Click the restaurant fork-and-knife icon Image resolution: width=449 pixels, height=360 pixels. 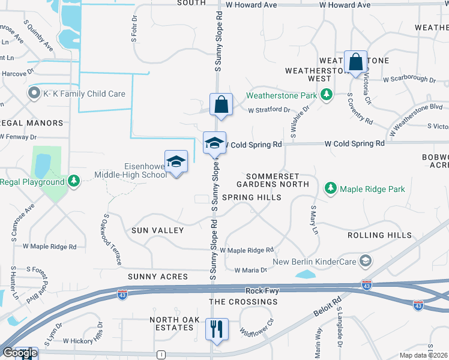pyautogui.click(x=217, y=328)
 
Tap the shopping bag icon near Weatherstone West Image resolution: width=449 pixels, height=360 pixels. pyautogui.click(x=355, y=61)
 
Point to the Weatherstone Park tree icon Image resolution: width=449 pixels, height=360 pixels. pyautogui.click(x=327, y=95)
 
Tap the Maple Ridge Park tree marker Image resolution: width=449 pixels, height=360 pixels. pyautogui.click(x=330, y=188)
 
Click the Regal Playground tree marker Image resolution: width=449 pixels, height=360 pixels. pyautogui.click(x=74, y=181)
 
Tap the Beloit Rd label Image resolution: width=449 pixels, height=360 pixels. pyautogui.click(x=328, y=306)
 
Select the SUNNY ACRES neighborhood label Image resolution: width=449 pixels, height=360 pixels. pyautogui.click(x=158, y=277)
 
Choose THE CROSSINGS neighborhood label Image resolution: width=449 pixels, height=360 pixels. pyautogui.click(x=243, y=302)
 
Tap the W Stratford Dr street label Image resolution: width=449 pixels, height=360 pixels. pyautogui.click(x=269, y=110)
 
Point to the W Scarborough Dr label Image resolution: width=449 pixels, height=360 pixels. pyautogui.click(x=409, y=79)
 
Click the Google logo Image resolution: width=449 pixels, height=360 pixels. pyautogui.click(x=19, y=353)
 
